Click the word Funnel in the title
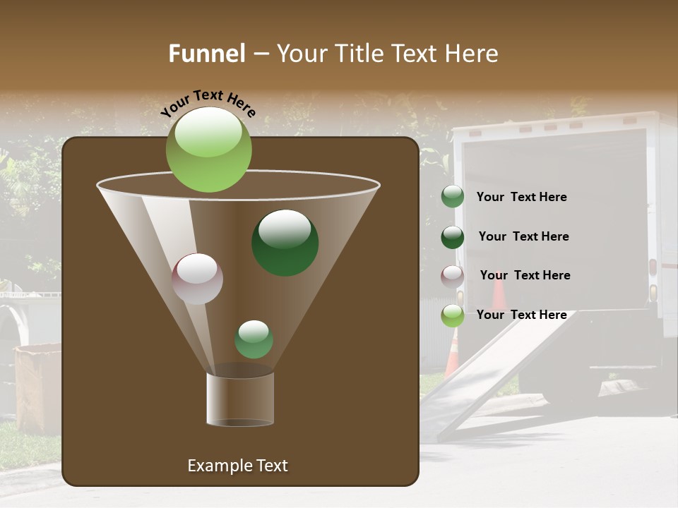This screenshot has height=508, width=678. click(x=206, y=54)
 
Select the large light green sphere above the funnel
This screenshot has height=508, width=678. click(x=208, y=150)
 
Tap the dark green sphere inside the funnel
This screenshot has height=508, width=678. click(x=285, y=243)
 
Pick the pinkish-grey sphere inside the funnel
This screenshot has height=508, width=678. click(x=197, y=279)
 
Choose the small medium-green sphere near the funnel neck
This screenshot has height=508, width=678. click(x=254, y=339)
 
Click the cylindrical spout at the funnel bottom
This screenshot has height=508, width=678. click(x=239, y=399)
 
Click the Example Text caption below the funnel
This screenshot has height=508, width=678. click(x=237, y=466)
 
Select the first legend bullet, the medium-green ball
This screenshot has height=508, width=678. click(x=453, y=197)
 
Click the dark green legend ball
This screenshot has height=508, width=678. click(x=453, y=237)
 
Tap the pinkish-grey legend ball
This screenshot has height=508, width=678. click(x=453, y=277)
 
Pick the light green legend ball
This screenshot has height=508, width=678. click(x=453, y=315)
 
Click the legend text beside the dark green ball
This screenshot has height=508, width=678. click(x=523, y=236)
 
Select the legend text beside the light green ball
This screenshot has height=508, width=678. click(x=521, y=315)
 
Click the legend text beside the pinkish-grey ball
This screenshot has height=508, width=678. click(x=525, y=275)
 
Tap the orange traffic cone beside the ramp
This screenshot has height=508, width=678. click(x=452, y=353)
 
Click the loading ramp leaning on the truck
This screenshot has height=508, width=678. click(x=494, y=374)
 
